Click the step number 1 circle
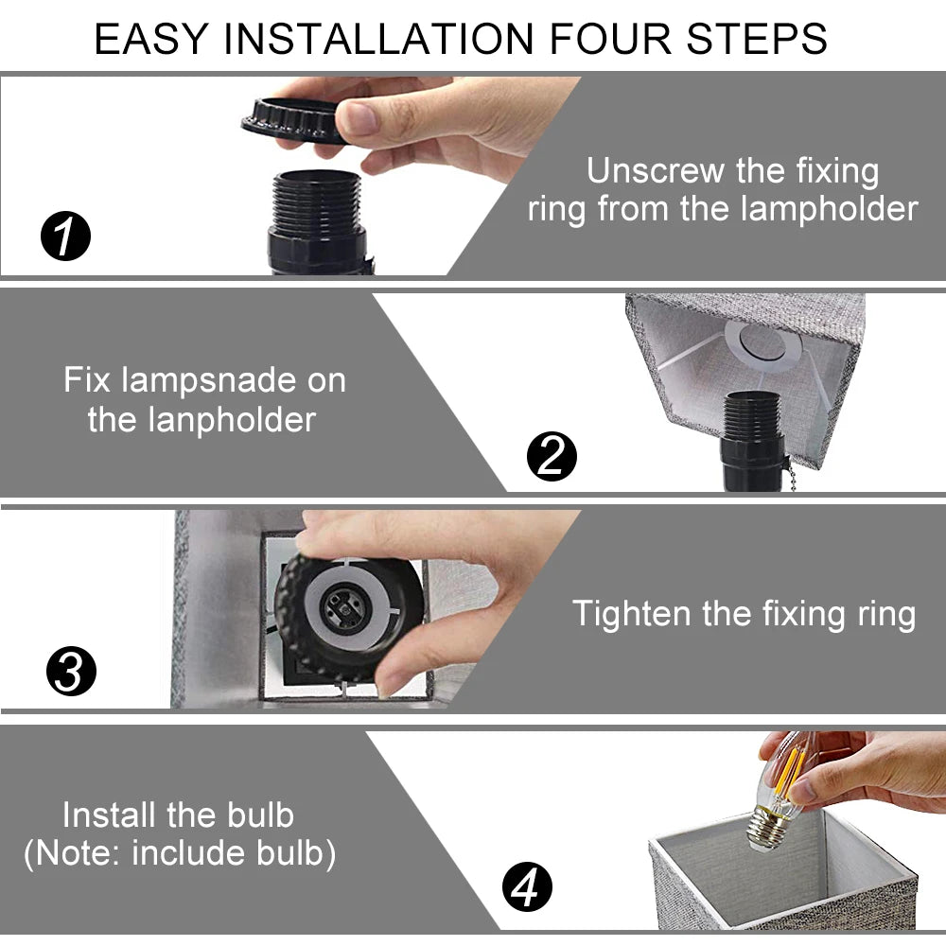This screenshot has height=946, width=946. point(66,236)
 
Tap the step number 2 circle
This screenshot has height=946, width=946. point(552,456)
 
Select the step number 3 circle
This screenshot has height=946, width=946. point(71,671)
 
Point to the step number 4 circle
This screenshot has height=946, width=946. point(527,887)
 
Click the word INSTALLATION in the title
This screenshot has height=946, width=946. point(379,39)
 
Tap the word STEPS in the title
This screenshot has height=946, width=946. point(757,39)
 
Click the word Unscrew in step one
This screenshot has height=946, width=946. point(656,170)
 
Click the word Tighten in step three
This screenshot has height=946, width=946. point(632,614)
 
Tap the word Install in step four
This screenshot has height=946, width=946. point(111,815)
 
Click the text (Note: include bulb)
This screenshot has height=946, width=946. point(180,853)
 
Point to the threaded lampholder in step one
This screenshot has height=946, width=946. point(318,221)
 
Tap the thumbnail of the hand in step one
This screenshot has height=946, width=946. point(359,117)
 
